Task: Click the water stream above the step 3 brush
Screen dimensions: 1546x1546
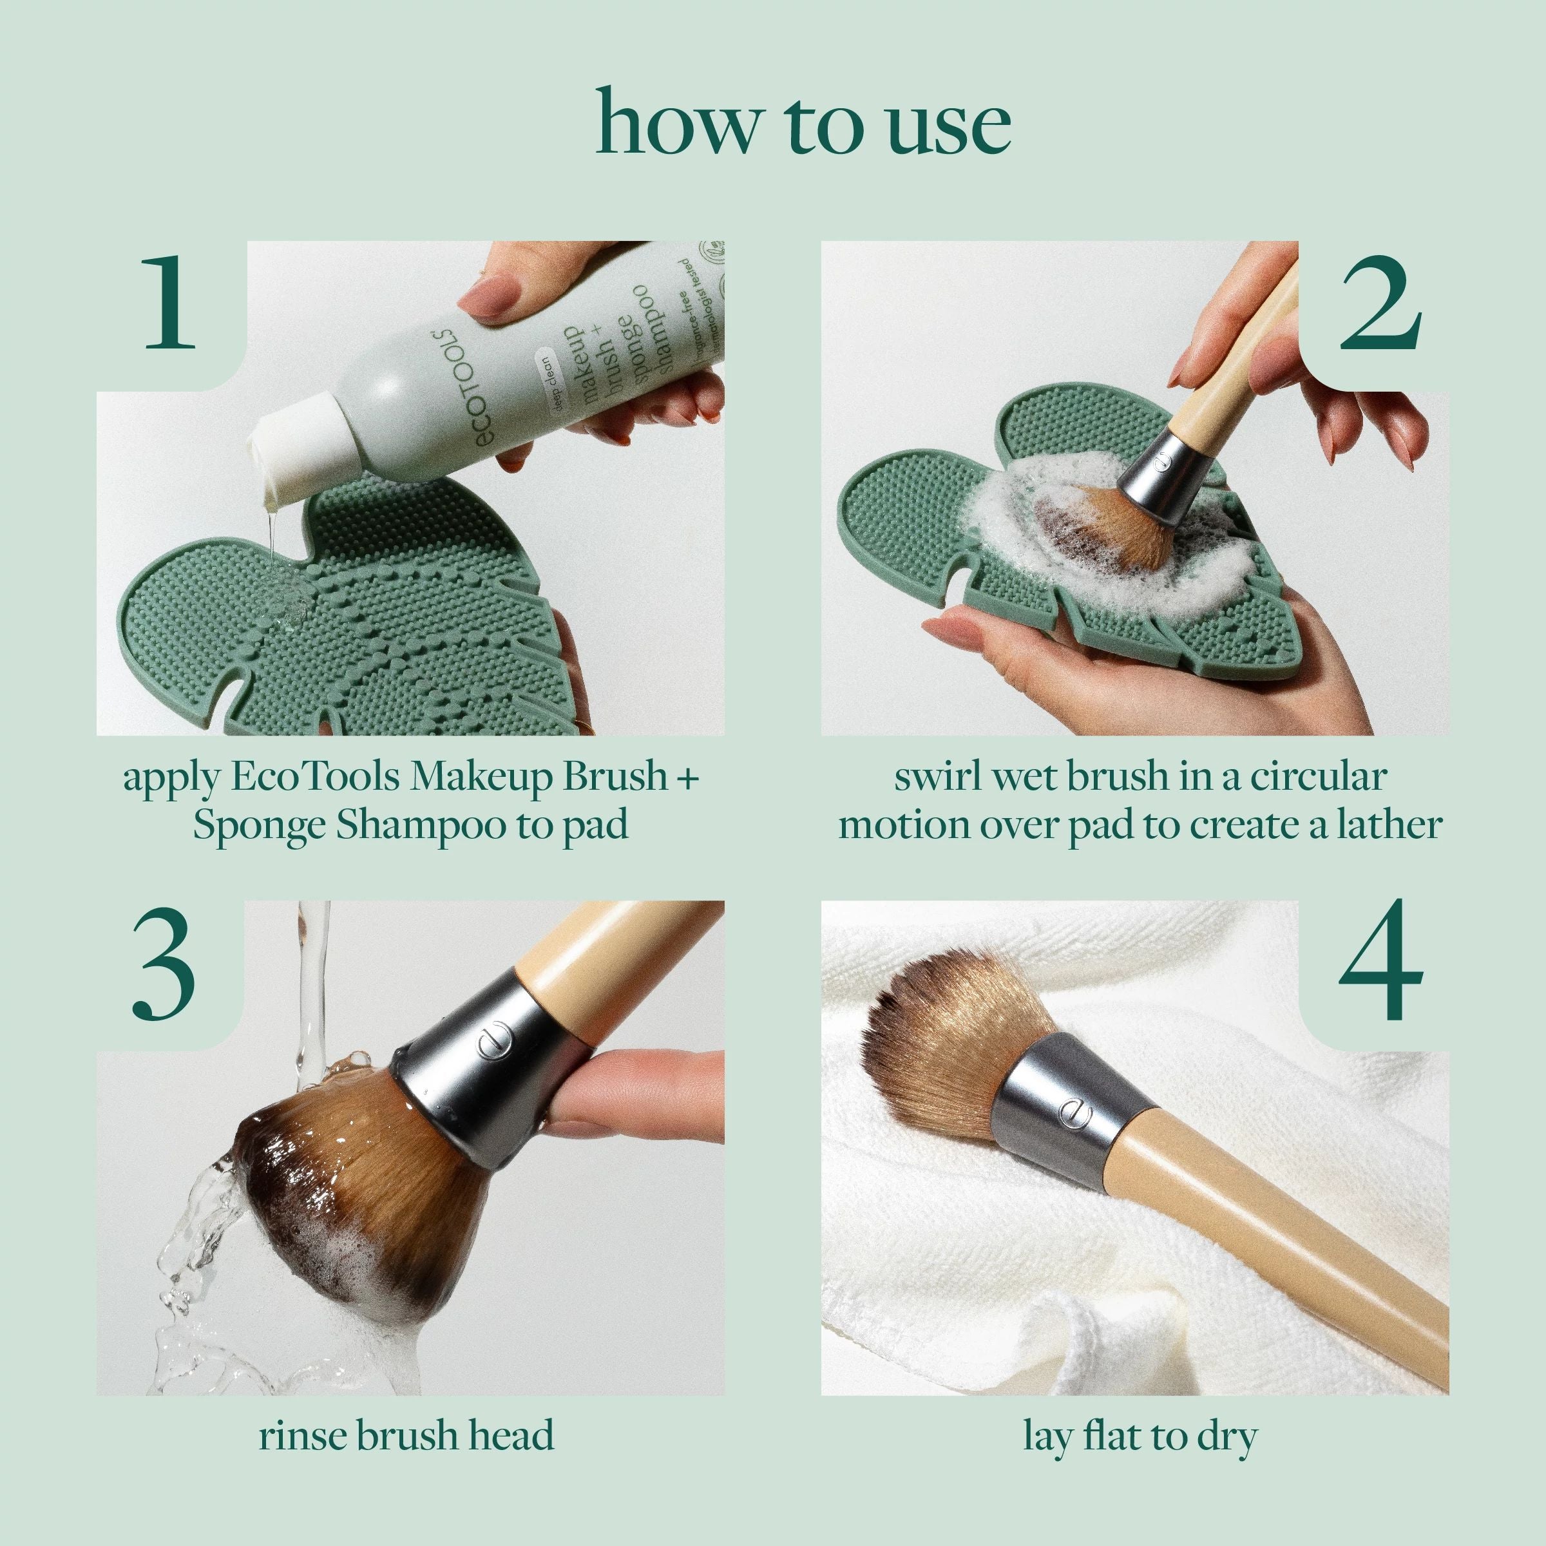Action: click(x=312, y=984)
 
